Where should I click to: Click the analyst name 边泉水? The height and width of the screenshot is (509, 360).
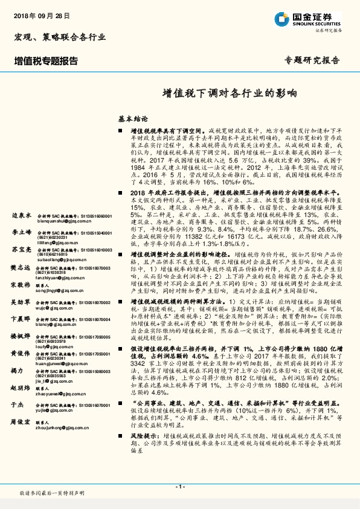(x=21, y=215)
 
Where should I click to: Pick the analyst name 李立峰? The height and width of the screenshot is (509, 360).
(x=21, y=232)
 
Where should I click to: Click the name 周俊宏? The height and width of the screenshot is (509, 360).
(x=21, y=441)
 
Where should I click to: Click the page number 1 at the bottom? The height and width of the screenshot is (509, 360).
(x=179, y=486)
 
